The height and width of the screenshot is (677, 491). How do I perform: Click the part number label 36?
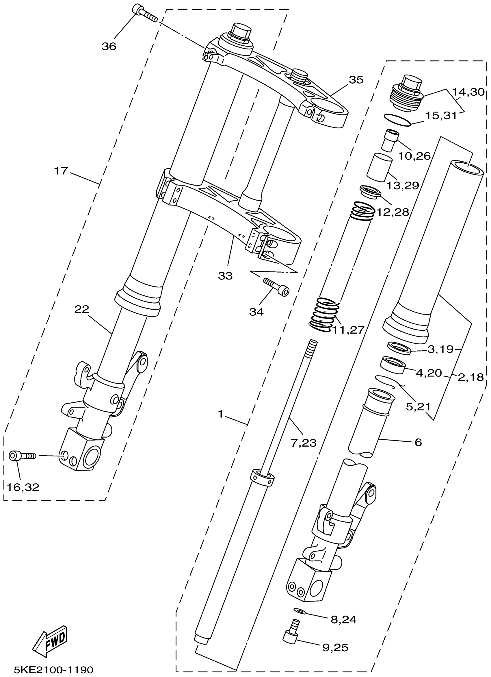[109, 46]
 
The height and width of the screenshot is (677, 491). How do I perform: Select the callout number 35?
[356, 80]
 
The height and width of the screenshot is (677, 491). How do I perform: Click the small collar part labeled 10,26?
[389, 140]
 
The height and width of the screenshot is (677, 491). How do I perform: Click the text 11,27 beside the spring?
[348, 330]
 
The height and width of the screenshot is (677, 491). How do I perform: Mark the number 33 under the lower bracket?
[225, 276]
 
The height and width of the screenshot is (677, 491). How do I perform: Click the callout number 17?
[61, 171]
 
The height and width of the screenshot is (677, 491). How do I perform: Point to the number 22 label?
[82, 309]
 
